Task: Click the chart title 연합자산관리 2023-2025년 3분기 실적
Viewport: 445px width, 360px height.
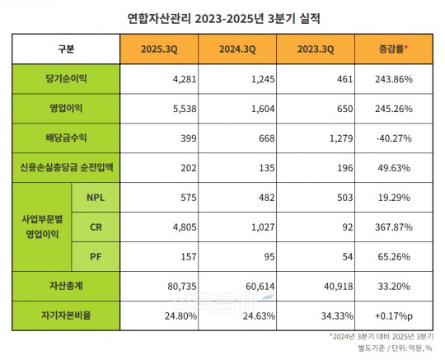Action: click(x=222, y=16)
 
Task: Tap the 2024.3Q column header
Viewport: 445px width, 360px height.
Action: click(x=237, y=49)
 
